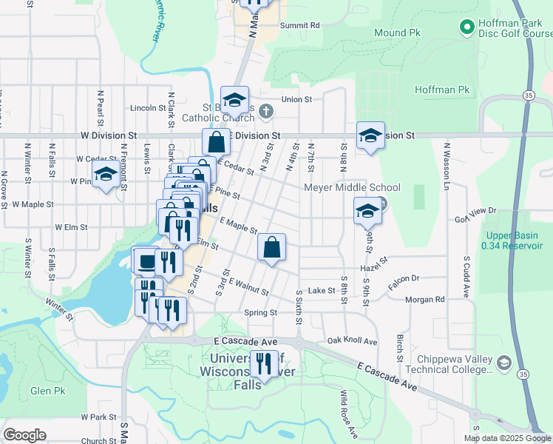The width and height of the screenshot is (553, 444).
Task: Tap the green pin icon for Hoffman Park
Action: tap(467, 28)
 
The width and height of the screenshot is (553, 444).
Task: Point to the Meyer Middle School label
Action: tap(353, 188)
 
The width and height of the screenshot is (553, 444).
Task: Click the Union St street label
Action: tap(297, 98)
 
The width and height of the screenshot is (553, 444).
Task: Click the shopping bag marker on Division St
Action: tap(216, 142)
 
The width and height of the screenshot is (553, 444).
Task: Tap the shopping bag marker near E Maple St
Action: tap(272, 247)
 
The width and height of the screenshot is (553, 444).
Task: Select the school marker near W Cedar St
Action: tap(106, 175)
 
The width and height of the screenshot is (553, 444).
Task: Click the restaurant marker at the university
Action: tap(264, 364)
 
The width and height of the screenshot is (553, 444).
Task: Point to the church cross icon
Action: tap(268, 111)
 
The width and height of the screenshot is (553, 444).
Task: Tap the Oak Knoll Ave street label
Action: tap(352, 342)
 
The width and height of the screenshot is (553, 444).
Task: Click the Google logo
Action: tap(24, 434)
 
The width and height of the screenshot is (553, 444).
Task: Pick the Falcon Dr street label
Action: tap(404, 279)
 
